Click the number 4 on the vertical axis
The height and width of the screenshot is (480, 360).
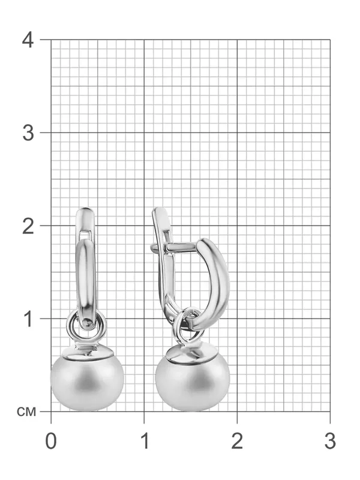(x=28, y=40)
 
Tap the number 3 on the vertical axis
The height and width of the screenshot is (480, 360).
(x=28, y=133)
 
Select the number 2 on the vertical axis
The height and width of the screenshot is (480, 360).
(x=28, y=226)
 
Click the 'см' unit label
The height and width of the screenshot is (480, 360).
(x=26, y=412)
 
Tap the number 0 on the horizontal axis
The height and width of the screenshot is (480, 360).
(x=51, y=441)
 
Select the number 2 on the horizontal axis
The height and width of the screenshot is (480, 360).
(x=237, y=441)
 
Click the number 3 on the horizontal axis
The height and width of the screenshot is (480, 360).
(x=331, y=441)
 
